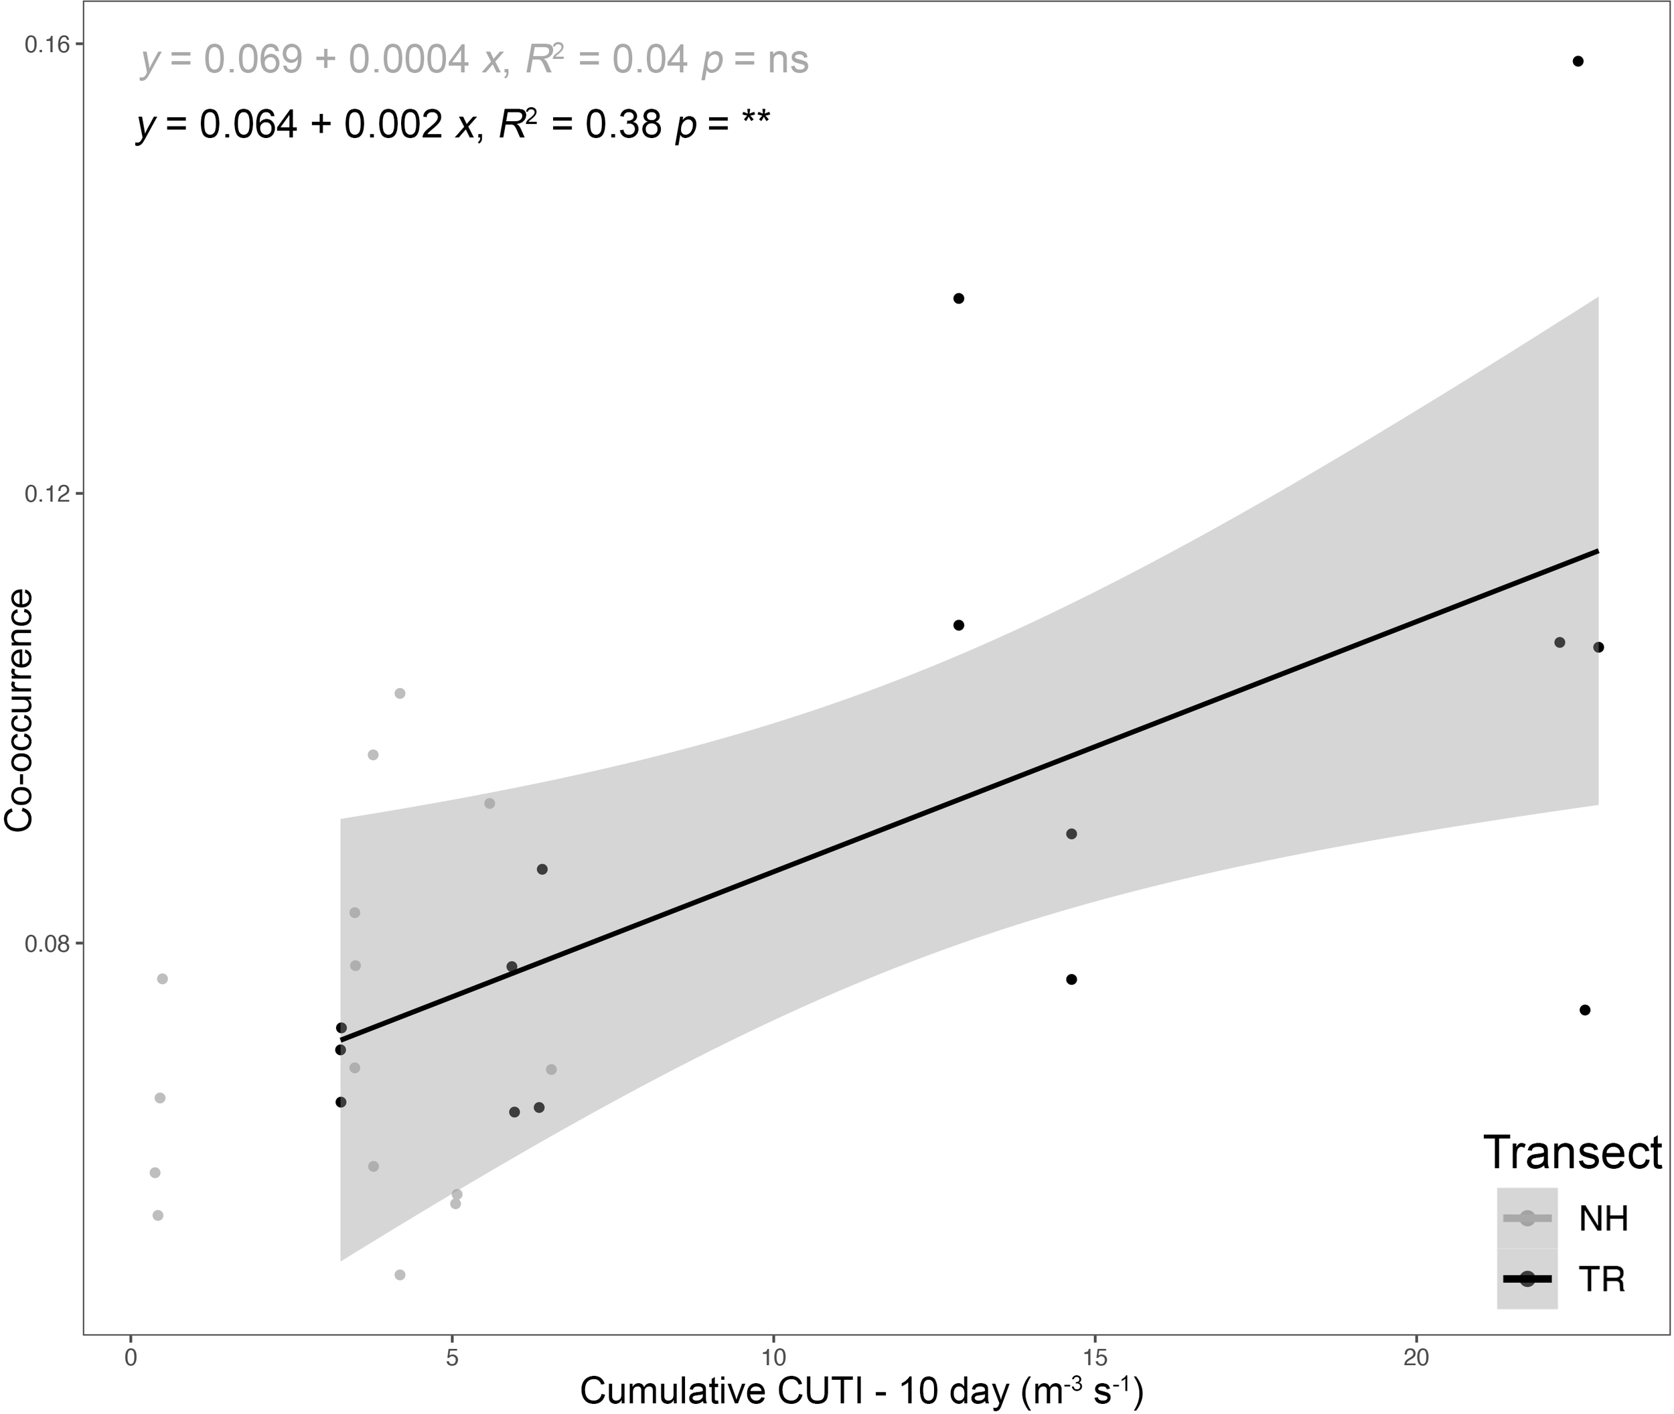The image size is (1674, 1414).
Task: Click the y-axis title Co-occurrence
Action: click(19, 710)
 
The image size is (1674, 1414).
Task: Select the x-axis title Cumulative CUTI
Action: click(860, 1391)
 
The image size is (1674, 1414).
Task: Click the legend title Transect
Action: click(1572, 1153)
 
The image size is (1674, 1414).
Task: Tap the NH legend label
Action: click(1602, 1219)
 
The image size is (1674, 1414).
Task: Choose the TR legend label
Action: click(1601, 1279)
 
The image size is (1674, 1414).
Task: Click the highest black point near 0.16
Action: click(1578, 62)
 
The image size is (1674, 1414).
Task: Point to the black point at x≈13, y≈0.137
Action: click(958, 299)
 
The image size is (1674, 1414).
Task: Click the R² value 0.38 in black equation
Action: click(623, 125)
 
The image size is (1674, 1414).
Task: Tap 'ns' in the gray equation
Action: click(787, 60)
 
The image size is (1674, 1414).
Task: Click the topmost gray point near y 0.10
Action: click(400, 693)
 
